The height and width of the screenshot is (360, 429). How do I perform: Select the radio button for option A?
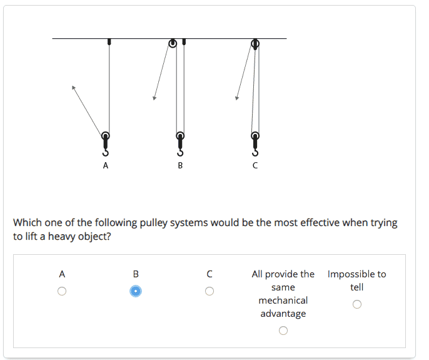(x=62, y=291)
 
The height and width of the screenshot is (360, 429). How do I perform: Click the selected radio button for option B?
(x=136, y=291)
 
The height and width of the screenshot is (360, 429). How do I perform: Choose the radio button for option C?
(x=209, y=291)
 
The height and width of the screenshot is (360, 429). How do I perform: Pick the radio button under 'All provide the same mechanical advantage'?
(x=283, y=331)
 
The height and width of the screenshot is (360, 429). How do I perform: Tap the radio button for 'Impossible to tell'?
(x=356, y=304)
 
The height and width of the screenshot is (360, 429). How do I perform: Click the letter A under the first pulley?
(x=106, y=165)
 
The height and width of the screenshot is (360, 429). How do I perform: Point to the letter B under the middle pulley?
(x=180, y=165)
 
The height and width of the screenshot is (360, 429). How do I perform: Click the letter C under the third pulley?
(x=255, y=165)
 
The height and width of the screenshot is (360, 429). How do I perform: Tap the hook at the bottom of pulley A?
(x=106, y=152)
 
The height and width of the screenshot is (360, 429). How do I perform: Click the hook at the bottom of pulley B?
(x=180, y=152)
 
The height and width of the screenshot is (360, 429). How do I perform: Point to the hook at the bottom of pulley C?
(x=255, y=152)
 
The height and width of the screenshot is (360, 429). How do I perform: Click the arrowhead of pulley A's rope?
(x=73, y=88)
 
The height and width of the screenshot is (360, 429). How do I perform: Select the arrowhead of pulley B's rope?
(x=154, y=98)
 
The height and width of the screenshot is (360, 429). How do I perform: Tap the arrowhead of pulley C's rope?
(x=237, y=98)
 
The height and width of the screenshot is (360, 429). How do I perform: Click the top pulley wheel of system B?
(x=173, y=43)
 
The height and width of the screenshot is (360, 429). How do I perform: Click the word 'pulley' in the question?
(x=153, y=224)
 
